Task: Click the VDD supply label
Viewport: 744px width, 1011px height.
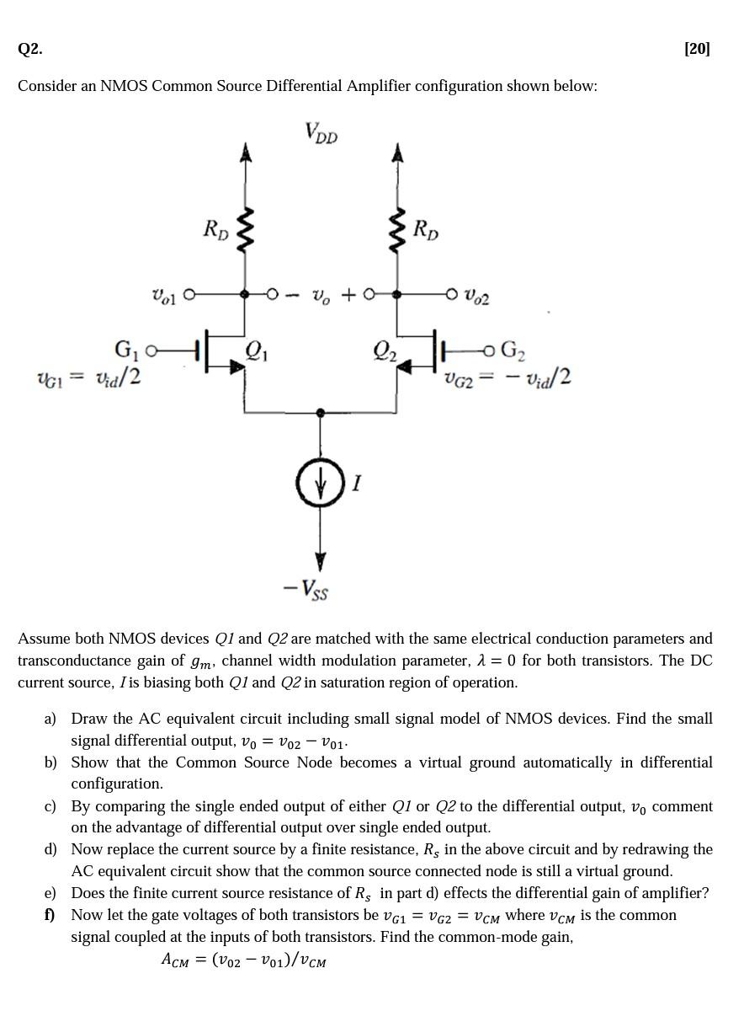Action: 322,133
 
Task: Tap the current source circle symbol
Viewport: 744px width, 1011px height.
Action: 320,483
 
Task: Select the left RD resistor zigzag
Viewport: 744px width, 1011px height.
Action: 245,229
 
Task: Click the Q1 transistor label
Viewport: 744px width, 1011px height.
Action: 258,348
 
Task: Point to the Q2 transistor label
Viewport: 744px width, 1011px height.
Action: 385,348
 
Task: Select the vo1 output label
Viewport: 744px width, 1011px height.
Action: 165,295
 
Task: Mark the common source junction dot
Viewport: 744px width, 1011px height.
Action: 320,413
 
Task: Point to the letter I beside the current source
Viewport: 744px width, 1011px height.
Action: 357,483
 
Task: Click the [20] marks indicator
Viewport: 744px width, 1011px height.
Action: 697,49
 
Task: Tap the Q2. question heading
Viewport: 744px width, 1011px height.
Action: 29,49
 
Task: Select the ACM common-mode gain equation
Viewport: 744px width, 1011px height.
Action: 243,960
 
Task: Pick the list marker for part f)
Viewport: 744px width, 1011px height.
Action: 50,915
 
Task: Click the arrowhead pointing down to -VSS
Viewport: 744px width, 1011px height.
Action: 320,560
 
